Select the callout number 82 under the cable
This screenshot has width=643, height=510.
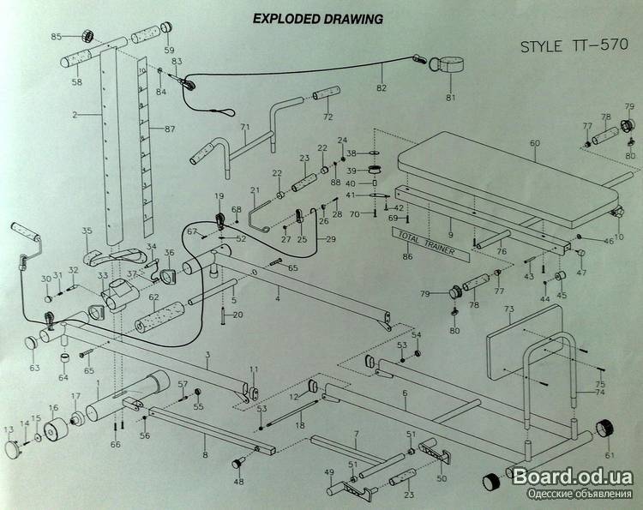tap(382, 87)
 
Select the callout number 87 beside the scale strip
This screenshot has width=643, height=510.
tap(169, 129)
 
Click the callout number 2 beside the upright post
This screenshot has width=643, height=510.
tap(75, 114)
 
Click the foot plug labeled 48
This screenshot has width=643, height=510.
tap(237, 464)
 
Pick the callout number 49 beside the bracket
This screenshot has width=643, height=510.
tap(328, 471)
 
